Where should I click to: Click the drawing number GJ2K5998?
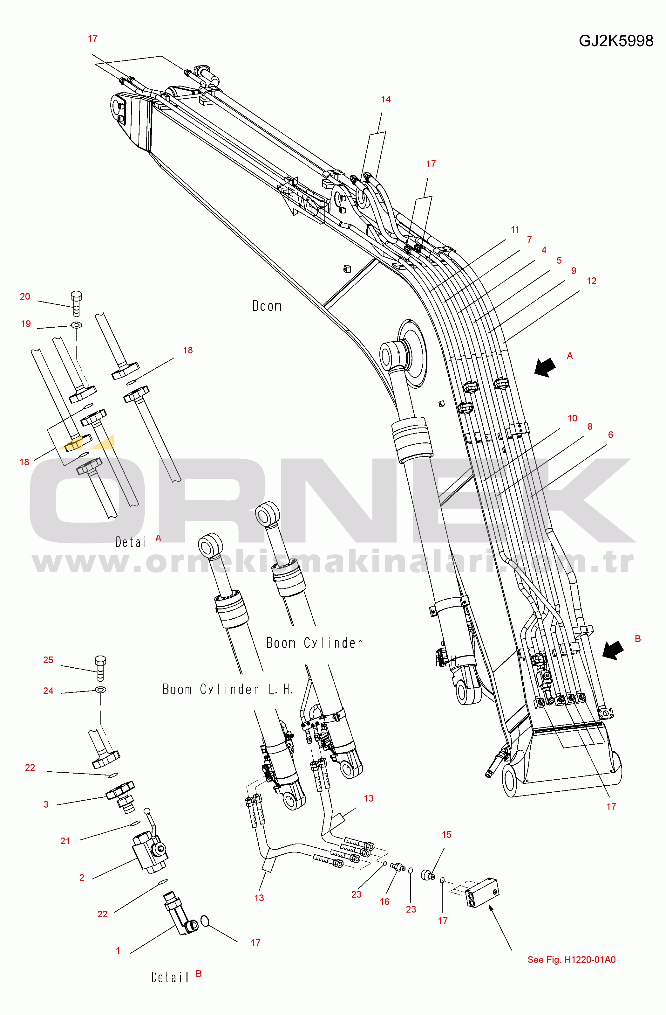pyautogui.click(x=616, y=41)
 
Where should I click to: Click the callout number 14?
pyautogui.click(x=386, y=99)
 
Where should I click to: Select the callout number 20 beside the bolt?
pyautogui.click(x=25, y=296)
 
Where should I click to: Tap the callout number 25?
pyautogui.click(x=48, y=660)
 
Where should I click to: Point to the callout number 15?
pyautogui.click(x=446, y=835)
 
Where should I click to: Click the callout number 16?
pyautogui.click(x=384, y=901)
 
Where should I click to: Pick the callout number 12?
pyautogui.click(x=591, y=281)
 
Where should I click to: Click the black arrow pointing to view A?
pyautogui.click(x=545, y=367)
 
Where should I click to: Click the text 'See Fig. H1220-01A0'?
pyautogui.click(x=571, y=960)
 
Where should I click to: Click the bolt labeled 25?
pyautogui.click(x=100, y=668)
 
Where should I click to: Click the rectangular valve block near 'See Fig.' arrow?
pyautogui.click(x=482, y=893)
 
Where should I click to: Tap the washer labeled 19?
pyautogui.click(x=77, y=325)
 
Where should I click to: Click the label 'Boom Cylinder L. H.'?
pyautogui.click(x=227, y=689)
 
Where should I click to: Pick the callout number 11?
pyautogui.click(x=515, y=230)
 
